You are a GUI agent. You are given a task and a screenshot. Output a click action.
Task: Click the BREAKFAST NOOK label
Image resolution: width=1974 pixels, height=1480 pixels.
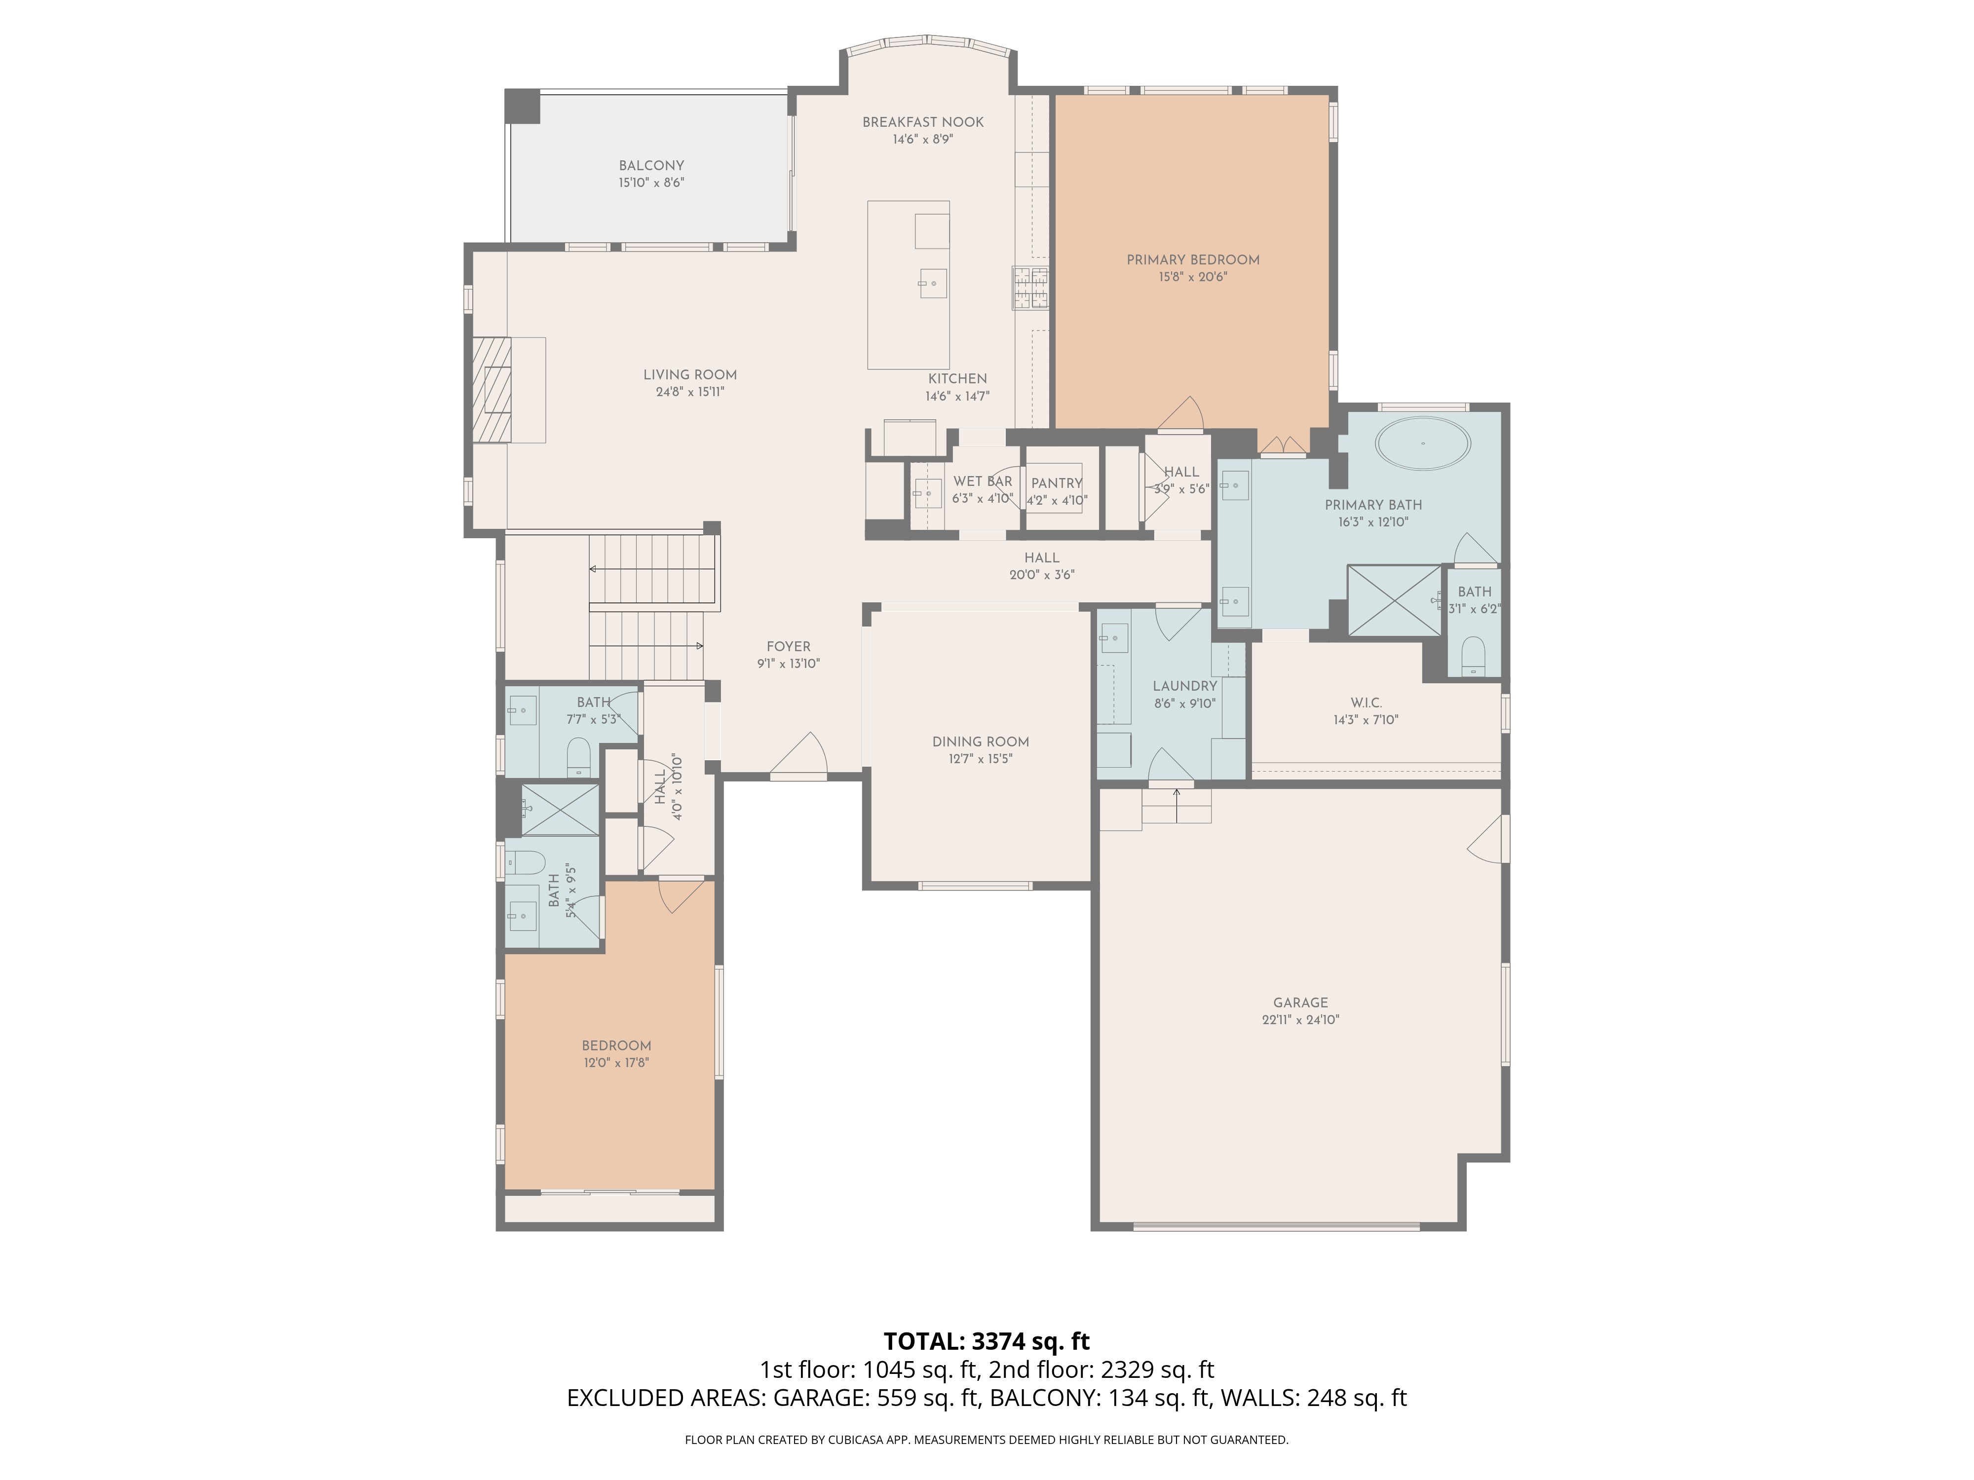pos(923,122)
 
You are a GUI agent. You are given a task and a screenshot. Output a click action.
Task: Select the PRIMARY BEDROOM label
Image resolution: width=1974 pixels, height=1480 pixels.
pos(1193,259)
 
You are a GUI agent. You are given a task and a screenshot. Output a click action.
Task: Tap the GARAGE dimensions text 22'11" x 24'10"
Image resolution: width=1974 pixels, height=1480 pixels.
pos(1300,1020)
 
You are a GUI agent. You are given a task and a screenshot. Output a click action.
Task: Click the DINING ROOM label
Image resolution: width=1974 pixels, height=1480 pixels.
pos(981,741)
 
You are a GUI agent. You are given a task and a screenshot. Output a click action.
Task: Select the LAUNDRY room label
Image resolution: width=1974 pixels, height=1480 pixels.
pos(1185,686)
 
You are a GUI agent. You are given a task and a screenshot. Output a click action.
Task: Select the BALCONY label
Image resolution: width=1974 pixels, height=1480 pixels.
pos(651,165)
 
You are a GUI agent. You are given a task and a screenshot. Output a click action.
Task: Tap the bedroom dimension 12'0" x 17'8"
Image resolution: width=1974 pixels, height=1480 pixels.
pos(616,1063)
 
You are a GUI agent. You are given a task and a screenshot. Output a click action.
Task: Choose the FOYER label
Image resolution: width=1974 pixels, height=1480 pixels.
pos(789,647)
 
